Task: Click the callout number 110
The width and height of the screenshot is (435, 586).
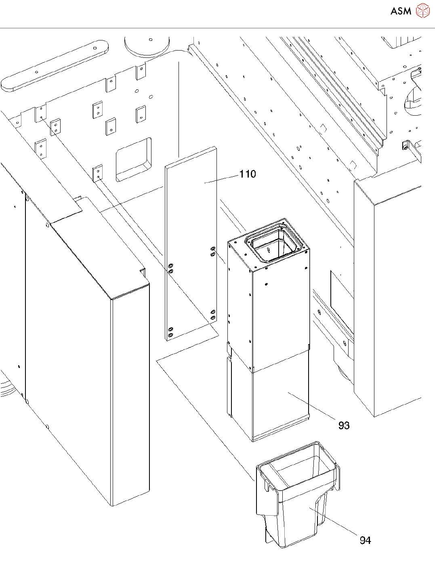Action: point(248,174)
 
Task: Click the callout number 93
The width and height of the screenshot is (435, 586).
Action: point(344,425)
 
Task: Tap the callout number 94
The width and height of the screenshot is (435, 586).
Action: point(365,540)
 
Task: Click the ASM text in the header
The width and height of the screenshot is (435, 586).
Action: point(401,11)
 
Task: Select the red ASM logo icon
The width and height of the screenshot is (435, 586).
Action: point(422,11)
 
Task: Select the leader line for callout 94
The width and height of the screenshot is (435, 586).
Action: point(335,522)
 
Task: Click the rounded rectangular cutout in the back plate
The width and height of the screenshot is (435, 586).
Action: point(133,159)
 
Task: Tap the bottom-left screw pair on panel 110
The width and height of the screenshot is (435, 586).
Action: point(170,332)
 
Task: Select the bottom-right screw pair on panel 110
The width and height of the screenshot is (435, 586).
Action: point(213,315)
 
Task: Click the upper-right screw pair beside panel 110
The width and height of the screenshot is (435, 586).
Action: point(213,251)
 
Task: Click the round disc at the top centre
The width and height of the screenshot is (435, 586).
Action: point(147,45)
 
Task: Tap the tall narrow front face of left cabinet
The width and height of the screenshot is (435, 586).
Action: point(130,396)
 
